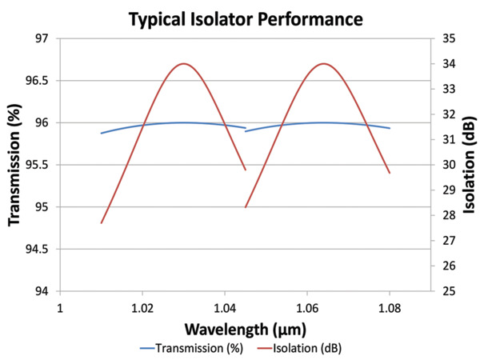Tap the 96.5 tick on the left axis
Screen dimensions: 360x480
[x=35, y=81]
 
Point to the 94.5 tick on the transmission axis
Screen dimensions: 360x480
[x=35, y=250]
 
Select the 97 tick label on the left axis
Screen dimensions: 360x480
[x=40, y=38]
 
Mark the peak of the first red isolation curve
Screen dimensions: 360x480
[x=184, y=63]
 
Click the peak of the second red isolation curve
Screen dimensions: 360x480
[x=324, y=63]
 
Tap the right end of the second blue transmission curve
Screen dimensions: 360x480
[x=390, y=128]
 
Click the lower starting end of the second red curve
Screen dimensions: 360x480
[x=246, y=207]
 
